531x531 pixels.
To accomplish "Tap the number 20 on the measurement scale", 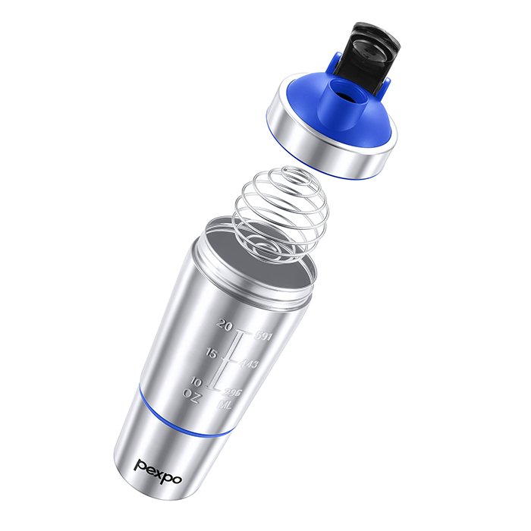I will (x=224, y=325).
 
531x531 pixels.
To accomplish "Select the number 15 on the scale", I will (x=212, y=353).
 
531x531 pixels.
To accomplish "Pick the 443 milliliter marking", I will (x=249, y=364).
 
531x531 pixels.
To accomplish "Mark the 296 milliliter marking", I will (x=233, y=391).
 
